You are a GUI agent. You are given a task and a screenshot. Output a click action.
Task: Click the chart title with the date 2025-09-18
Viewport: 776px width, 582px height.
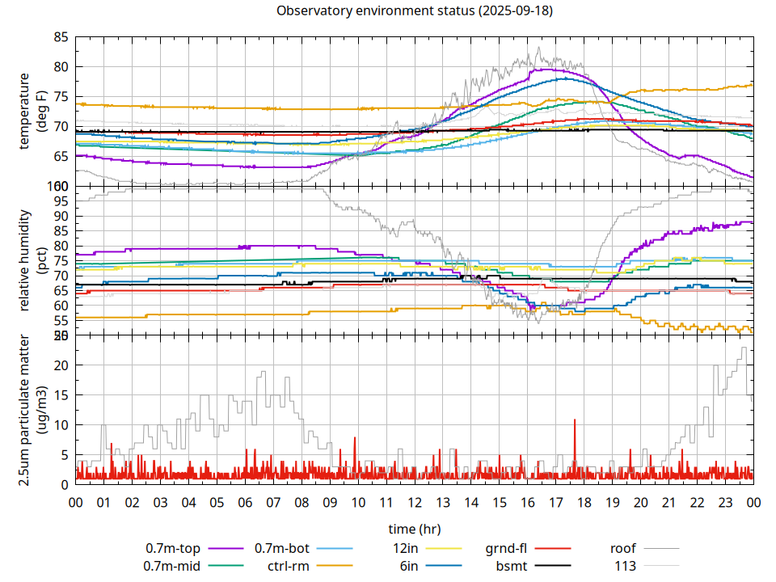point(415,11)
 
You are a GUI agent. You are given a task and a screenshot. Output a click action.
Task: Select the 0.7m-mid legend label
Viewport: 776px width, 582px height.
point(172,566)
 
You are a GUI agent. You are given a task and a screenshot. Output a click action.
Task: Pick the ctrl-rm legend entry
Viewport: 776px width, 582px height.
point(289,566)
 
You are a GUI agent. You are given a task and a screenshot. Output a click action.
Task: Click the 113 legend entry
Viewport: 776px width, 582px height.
point(625,566)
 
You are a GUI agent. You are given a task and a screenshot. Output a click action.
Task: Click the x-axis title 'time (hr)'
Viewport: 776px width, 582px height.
point(415,529)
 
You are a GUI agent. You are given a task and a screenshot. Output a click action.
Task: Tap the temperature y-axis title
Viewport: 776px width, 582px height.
point(35,112)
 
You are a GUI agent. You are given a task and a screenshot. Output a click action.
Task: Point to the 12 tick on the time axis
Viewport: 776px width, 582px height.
point(415,502)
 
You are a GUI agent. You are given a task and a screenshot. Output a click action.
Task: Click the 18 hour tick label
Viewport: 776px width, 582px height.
point(584,502)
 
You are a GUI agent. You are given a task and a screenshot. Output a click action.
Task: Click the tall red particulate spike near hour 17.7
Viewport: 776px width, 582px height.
point(575,420)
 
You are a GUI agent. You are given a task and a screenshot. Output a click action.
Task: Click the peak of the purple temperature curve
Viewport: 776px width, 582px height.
point(546,70)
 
